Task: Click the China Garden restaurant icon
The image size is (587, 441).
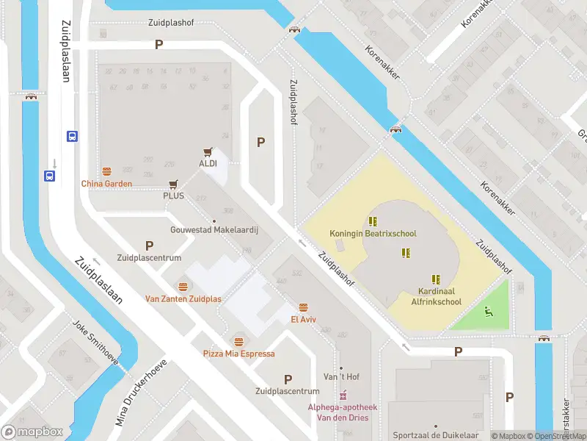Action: pyautogui.click(x=107, y=171)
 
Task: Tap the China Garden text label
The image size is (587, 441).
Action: pyautogui.click(x=106, y=184)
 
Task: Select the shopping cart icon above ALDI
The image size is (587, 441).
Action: pyautogui.click(x=208, y=151)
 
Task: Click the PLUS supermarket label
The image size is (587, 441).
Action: pyautogui.click(x=173, y=196)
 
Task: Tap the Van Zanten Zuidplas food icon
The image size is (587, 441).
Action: pyautogui.click(x=183, y=287)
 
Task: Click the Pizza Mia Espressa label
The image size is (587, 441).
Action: pyautogui.click(x=239, y=354)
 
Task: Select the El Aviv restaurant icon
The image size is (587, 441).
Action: pyautogui.click(x=303, y=307)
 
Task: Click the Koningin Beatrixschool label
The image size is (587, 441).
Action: pyautogui.click(x=373, y=234)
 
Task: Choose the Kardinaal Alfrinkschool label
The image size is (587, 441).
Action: pyautogui.click(x=436, y=296)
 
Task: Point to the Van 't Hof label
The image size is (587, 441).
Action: pyautogui.click(x=341, y=377)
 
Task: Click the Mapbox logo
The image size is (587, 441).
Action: pyautogui.click(x=32, y=431)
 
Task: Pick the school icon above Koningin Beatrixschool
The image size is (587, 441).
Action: pyautogui.click(x=373, y=220)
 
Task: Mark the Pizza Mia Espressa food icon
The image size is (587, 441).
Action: pyautogui.click(x=238, y=341)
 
